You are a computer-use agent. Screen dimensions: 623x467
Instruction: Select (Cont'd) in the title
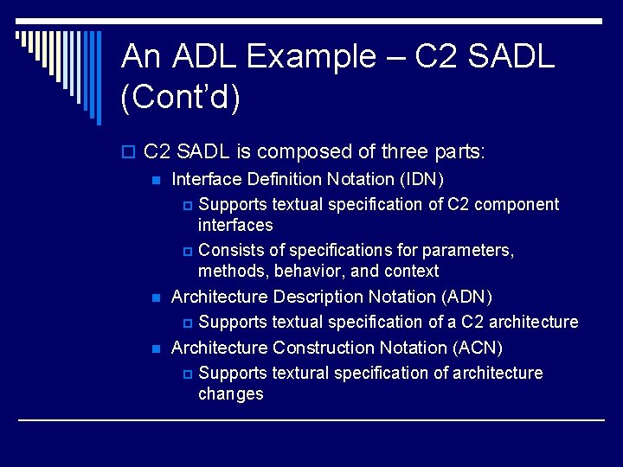[180, 97]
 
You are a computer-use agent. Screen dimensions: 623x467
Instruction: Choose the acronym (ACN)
[477, 348]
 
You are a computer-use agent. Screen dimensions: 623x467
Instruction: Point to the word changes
[230, 394]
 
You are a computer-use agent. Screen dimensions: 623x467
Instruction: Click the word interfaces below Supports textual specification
[234, 226]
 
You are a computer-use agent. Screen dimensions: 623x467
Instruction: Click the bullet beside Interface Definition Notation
[156, 180]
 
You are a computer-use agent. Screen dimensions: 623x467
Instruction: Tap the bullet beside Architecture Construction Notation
[156, 349]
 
